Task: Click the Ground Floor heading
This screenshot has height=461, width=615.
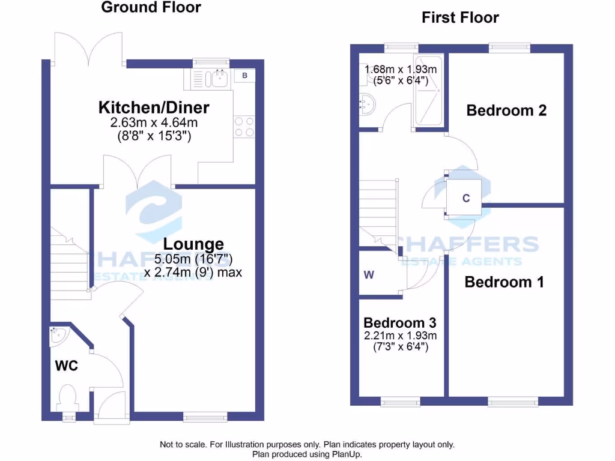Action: (x=151, y=7)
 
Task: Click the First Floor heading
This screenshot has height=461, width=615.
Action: (x=460, y=17)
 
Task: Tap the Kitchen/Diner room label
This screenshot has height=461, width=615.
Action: (x=154, y=108)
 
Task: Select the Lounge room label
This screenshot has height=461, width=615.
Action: (x=193, y=244)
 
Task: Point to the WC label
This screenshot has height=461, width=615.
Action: (x=67, y=366)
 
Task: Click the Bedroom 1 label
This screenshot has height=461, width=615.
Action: (x=504, y=282)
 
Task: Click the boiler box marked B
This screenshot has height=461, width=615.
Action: (x=245, y=76)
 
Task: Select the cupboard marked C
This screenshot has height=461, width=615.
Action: (x=465, y=198)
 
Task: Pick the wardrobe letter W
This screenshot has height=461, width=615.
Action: (x=369, y=276)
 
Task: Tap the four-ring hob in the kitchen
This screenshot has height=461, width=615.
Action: (x=244, y=126)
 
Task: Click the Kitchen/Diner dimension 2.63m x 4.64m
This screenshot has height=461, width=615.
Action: (x=154, y=123)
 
